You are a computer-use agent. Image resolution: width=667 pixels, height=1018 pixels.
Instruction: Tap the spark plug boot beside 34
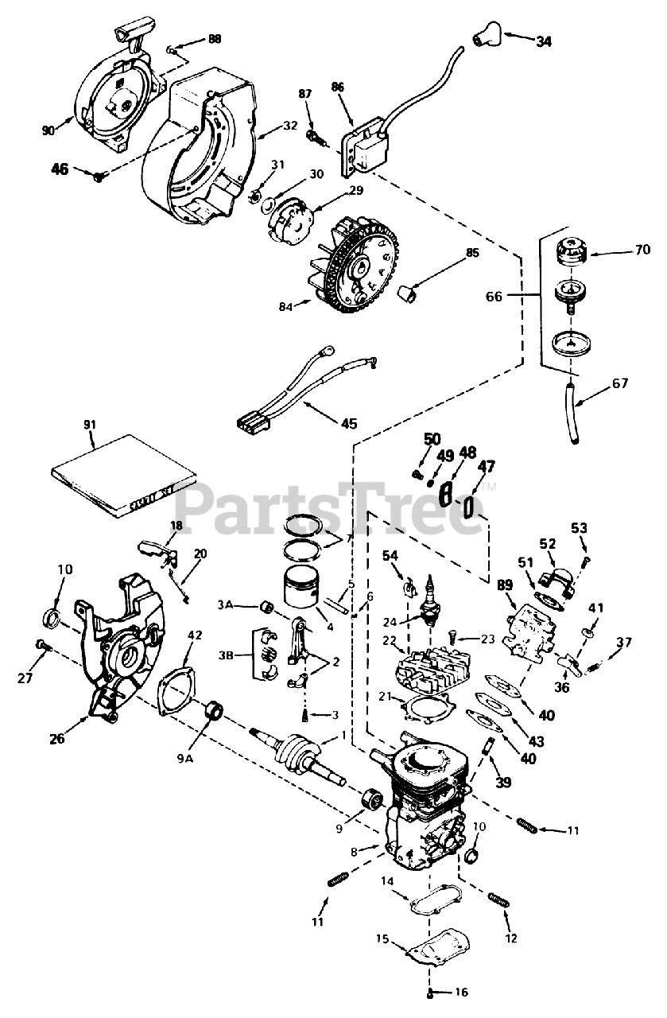485,34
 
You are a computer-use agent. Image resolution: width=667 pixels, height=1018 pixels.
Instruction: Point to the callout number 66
494,296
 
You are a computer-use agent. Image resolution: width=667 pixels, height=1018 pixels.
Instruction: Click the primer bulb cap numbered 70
566,252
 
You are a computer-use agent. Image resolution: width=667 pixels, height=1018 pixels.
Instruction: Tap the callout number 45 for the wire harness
348,422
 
